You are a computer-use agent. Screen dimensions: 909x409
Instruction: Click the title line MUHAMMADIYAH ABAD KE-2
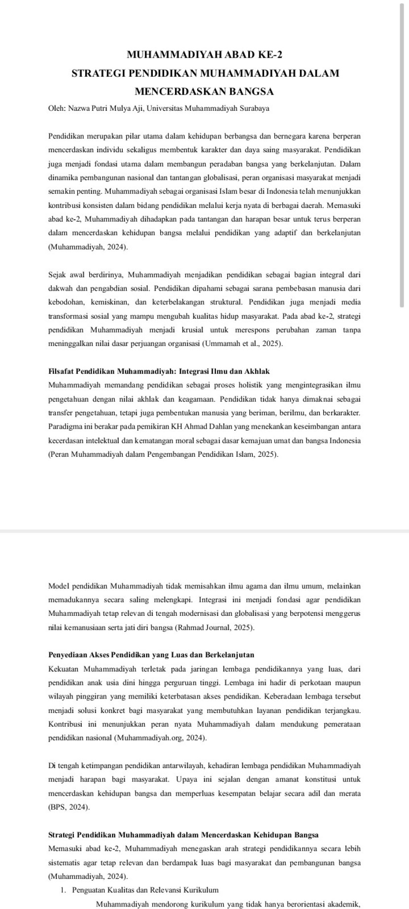tap(204, 55)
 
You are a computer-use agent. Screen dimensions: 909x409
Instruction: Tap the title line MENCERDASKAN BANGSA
tap(204, 92)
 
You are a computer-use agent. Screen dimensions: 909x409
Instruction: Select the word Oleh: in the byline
tap(57, 108)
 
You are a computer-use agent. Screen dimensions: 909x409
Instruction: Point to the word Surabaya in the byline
tap(255, 108)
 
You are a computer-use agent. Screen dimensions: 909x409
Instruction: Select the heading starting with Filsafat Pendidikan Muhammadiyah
tap(159, 371)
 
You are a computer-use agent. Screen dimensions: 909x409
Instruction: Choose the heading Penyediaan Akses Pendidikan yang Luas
tap(151, 655)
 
